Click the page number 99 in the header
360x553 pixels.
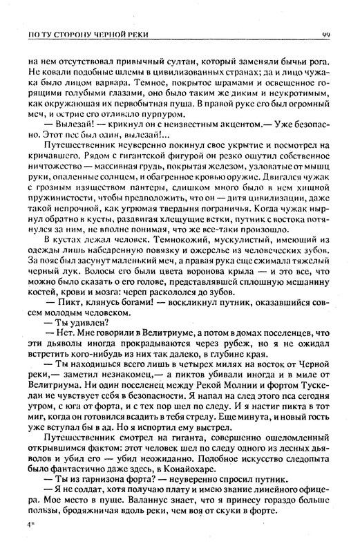point(325,35)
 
